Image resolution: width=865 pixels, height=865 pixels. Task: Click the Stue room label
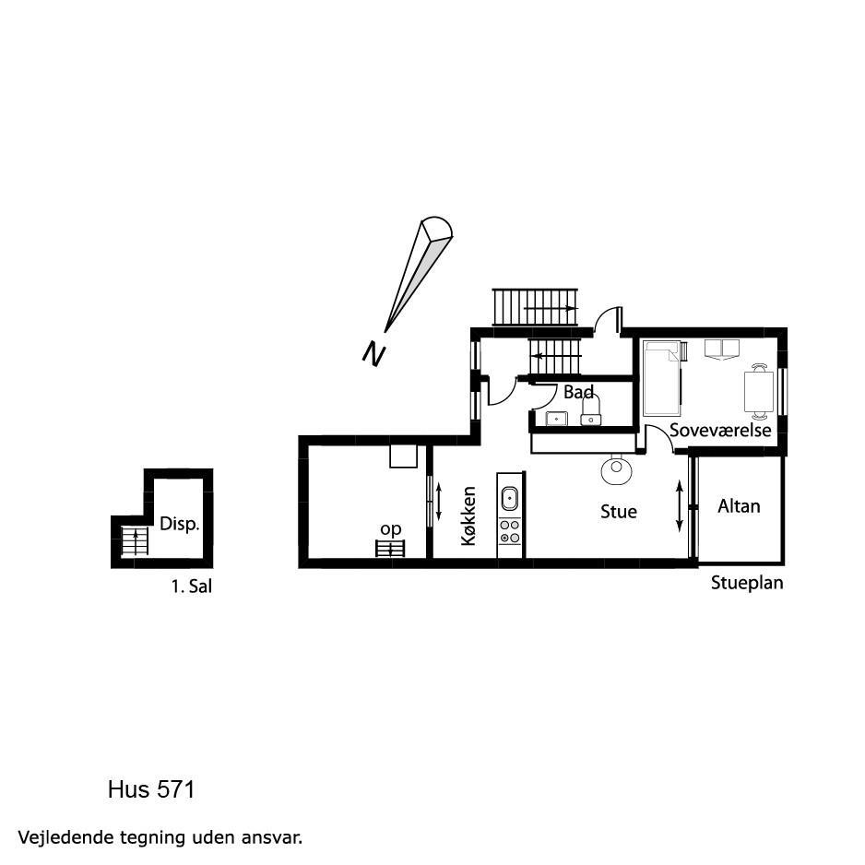619,512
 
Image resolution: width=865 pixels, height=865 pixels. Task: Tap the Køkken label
468,515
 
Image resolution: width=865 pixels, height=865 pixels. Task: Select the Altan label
739,506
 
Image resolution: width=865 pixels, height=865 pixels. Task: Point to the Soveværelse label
720,430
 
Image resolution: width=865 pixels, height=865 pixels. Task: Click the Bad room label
578,392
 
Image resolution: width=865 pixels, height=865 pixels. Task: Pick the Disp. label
179,524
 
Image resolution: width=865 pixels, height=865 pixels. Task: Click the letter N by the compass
373,353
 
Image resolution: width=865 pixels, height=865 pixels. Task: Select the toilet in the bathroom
591,411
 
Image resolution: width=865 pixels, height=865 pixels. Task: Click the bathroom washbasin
557,419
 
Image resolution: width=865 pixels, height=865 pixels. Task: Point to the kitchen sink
509,499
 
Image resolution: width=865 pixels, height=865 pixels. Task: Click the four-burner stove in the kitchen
509,530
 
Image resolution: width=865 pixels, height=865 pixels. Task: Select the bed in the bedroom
662,378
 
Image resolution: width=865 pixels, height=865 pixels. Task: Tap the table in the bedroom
759,391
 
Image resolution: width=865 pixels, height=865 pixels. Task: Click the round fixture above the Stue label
616,470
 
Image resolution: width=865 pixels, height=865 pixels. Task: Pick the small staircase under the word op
390,549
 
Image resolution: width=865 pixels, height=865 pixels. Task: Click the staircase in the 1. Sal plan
135,540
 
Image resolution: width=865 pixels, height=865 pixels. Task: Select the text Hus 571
151,789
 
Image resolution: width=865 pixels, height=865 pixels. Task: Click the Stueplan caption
747,583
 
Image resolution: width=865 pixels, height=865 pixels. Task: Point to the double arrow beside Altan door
680,506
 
